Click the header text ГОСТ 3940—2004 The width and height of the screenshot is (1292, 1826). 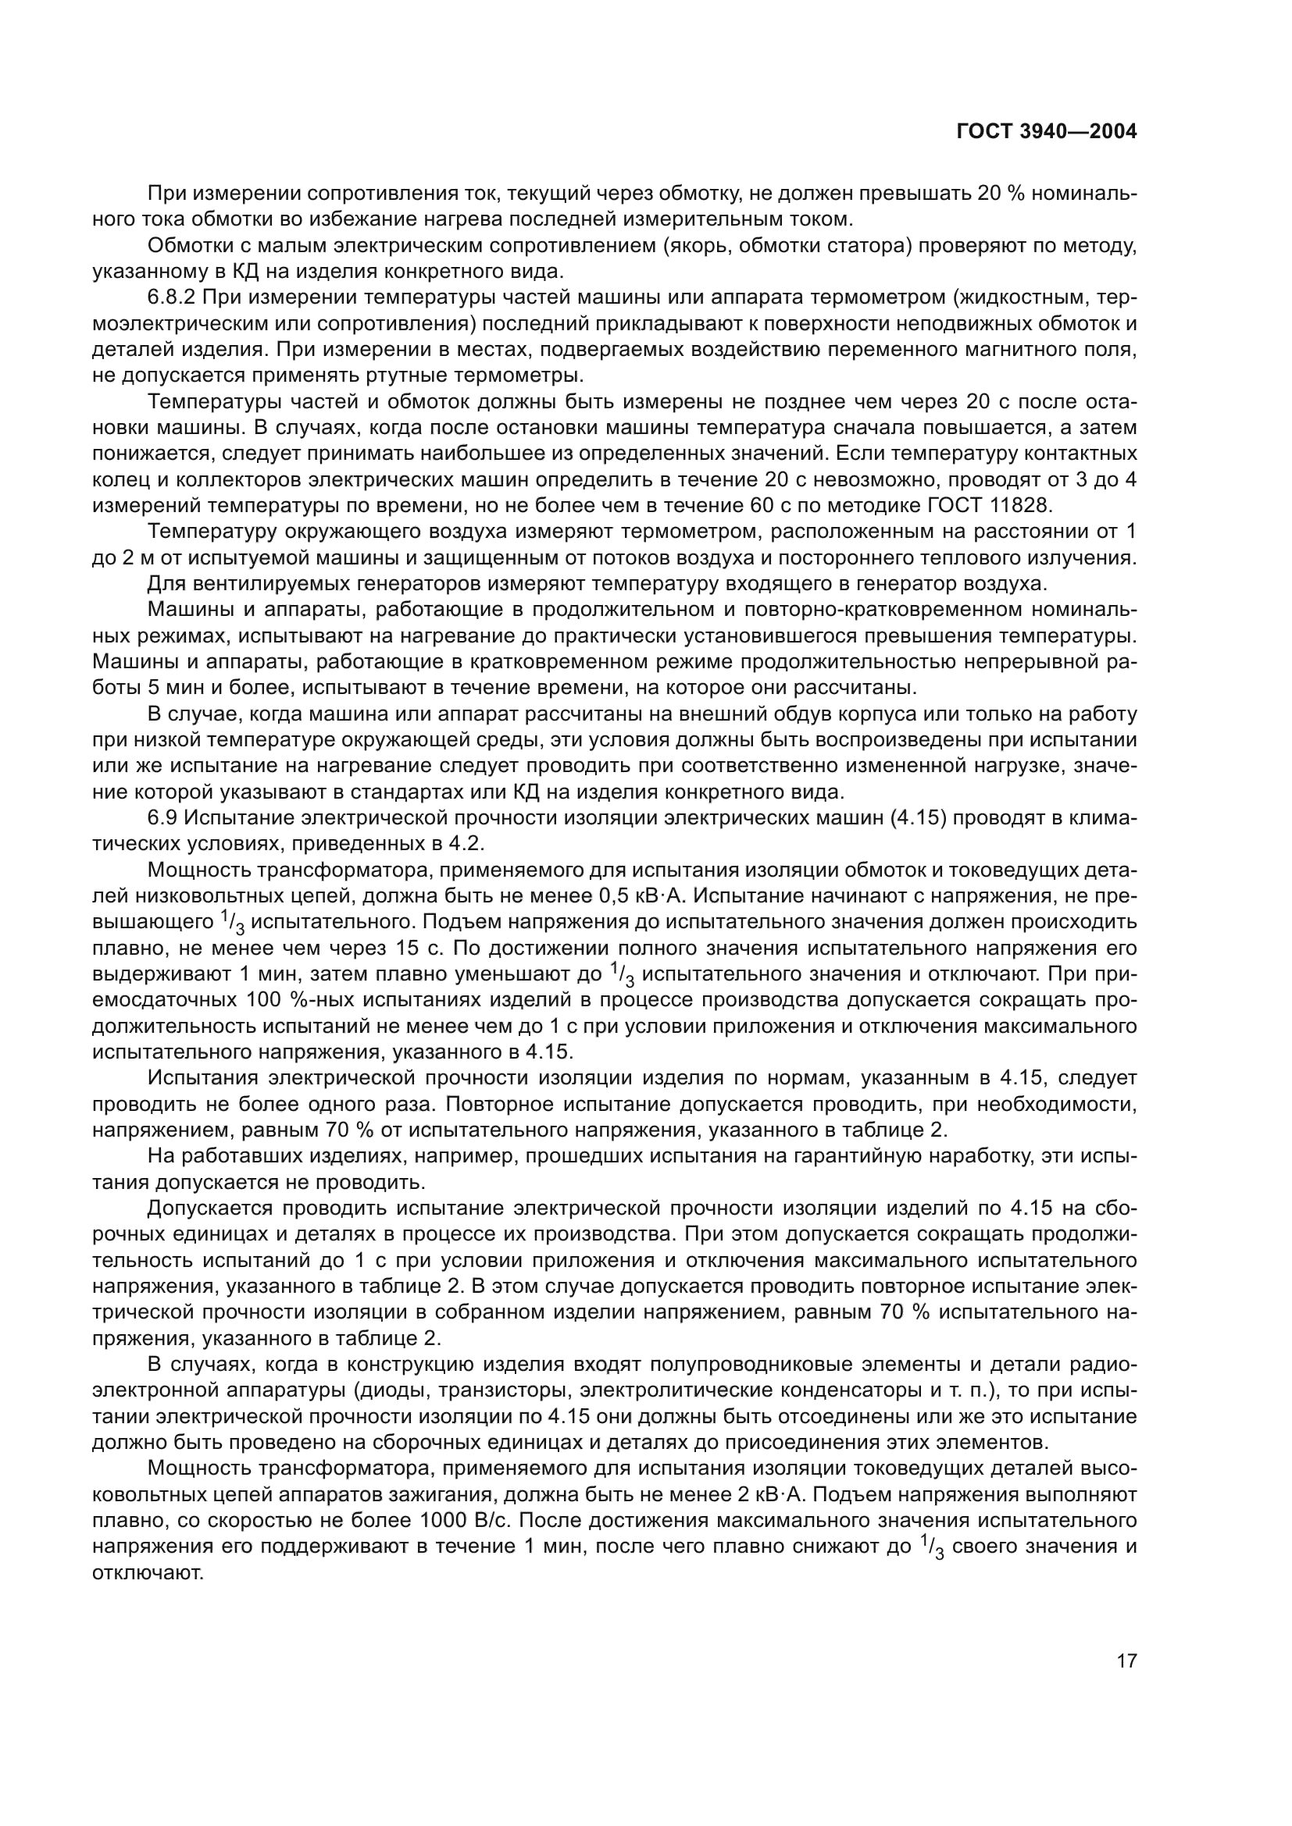[x=1046, y=132]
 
